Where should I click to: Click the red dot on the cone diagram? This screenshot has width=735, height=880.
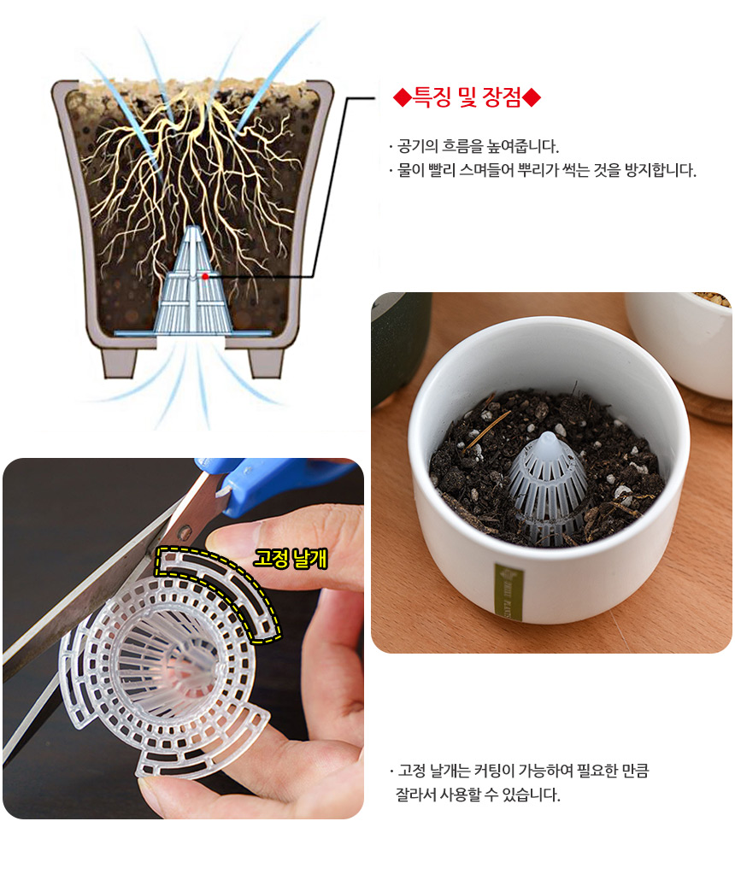click(205, 276)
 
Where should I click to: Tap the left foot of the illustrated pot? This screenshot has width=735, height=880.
click(120, 362)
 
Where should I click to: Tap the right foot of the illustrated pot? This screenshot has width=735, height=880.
click(266, 362)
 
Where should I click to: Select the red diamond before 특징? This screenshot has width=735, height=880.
click(402, 98)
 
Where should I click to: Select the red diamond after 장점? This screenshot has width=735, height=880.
click(532, 98)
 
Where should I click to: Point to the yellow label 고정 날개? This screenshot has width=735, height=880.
click(291, 559)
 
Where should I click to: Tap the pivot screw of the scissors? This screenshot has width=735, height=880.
click(184, 530)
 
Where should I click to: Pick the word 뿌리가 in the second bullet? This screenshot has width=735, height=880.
click(538, 169)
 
